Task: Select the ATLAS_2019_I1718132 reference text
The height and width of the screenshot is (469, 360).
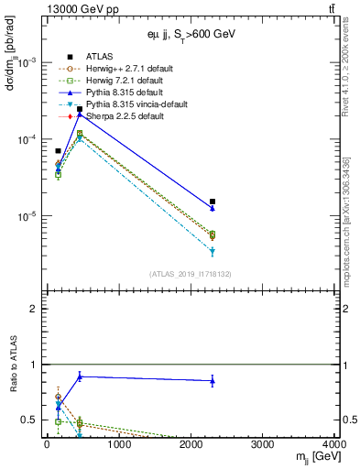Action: [191, 274]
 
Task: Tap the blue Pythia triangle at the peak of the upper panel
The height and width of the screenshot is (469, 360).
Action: [80, 115]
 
